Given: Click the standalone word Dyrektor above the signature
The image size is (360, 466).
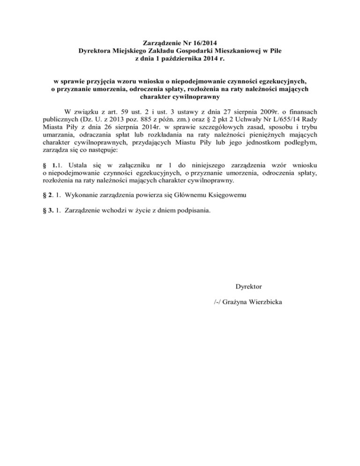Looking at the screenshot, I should tap(248, 286).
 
